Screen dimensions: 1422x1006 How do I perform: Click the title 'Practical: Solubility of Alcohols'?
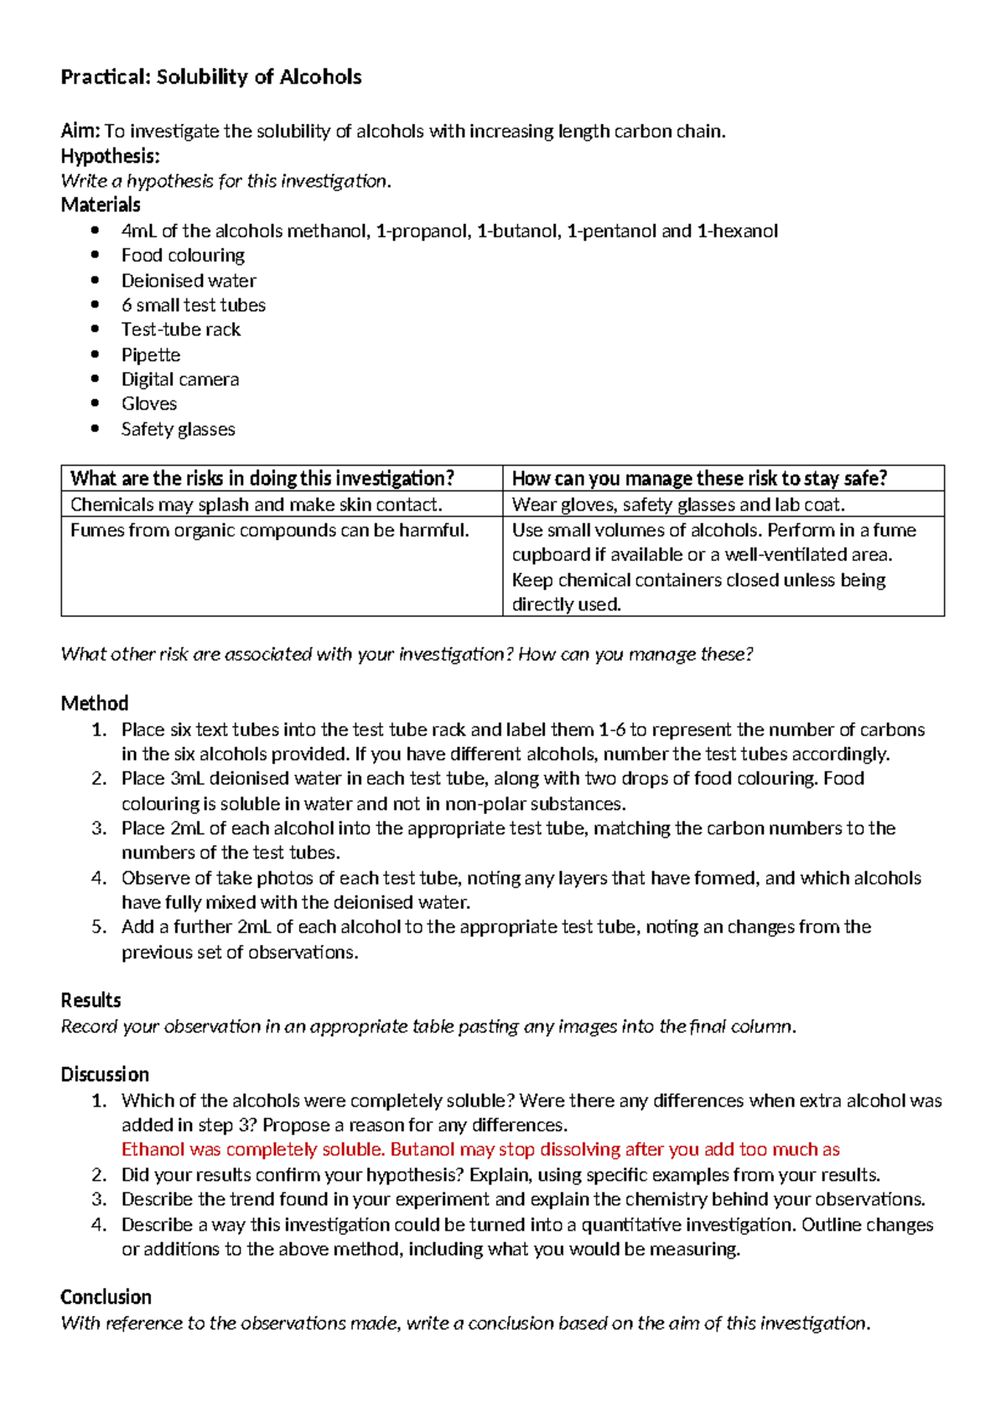210,77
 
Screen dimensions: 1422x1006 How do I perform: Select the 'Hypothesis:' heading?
110,156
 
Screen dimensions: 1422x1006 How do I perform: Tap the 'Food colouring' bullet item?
183,255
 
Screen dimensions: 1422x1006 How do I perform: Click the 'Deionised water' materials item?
189,280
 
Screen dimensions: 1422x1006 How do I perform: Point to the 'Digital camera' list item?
180,379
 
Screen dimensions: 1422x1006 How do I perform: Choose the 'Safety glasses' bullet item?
178,428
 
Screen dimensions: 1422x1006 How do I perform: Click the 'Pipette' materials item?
151,355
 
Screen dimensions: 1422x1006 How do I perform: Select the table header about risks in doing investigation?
262,479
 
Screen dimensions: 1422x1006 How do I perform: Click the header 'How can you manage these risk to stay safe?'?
699,479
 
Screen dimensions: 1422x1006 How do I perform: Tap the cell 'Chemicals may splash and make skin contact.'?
256,504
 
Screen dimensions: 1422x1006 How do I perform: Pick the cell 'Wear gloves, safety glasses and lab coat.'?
678,504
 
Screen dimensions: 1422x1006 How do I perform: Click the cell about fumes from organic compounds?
269,530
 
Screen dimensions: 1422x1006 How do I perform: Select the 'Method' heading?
95,703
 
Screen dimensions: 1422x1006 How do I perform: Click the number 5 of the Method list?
99,926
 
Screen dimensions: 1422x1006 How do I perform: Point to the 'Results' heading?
91,1000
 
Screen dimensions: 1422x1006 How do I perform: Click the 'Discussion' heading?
105,1074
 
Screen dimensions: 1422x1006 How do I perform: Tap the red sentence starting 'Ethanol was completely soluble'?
480,1150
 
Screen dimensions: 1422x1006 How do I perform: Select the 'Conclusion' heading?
106,1297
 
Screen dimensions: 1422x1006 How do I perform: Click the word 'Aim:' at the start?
80,131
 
